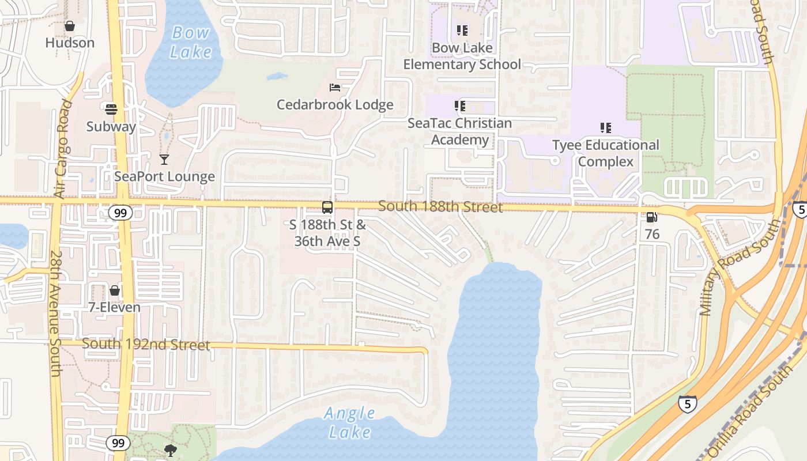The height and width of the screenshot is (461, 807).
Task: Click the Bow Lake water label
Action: pyautogui.click(x=191, y=42)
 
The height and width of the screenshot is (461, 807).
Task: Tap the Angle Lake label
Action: pyautogui.click(x=350, y=422)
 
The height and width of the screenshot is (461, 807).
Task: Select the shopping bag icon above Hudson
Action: pyautogui.click(x=70, y=26)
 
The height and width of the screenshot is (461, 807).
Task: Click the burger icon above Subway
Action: pyautogui.click(x=111, y=109)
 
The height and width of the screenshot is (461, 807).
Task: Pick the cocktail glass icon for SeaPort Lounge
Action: pyautogui.click(x=164, y=159)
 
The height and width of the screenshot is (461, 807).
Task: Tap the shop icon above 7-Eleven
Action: pyautogui.click(x=115, y=290)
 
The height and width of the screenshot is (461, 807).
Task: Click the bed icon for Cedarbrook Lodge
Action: pyautogui.click(x=335, y=88)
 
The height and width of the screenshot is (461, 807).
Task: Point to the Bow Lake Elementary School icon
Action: pyautogui.click(x=462, y=30)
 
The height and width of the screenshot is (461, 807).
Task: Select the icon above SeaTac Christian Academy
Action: pyautogui.click(x=459, y=106)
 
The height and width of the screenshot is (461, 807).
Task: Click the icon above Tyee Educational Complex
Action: pyautogui.click(x=605, y=127)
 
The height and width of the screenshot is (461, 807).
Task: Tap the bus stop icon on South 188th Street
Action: pyautogui.click(x=327, y=207)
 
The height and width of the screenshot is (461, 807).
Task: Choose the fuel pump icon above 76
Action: pyautogui.click(x=652, y=217)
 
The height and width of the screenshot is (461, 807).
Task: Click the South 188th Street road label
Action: pyautogui.click(x=440, y=206)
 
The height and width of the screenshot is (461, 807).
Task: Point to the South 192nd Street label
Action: pyautogui.click(x=146, y=345)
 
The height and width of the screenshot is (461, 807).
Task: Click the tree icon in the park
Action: pyautogui.click(x=170, y=450)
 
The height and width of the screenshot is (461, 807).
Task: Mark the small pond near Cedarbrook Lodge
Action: pyautogui.click(x=277, y=76)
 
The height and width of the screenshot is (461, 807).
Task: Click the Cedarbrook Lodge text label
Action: pyautogui.click(x=335, y=105)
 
